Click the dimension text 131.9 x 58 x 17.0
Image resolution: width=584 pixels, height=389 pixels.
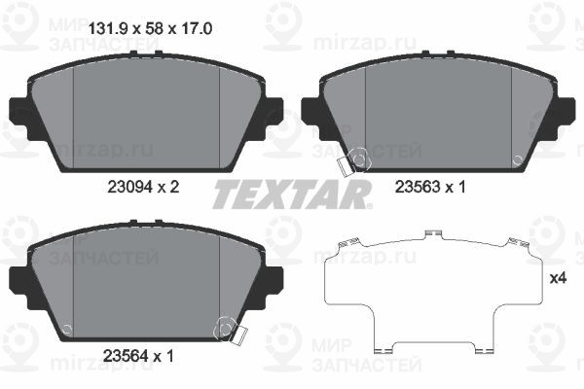150,28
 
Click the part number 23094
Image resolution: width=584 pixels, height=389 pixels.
129,187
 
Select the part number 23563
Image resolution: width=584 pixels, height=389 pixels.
418,187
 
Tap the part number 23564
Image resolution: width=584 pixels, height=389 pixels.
125,357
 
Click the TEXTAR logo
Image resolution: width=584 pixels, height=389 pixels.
292,194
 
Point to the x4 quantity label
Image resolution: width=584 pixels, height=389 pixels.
559,278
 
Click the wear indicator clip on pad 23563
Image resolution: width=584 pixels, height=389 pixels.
353,162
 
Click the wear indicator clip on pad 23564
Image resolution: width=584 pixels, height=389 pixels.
231,331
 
